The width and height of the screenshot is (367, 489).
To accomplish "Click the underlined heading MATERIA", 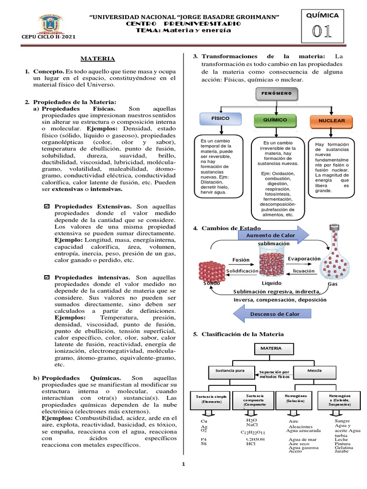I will pyautogui.click(x=97, y=58).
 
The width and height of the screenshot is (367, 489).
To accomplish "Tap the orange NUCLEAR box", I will pyautogui.click(x=331, y=121).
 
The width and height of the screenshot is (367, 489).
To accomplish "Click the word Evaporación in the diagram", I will pyautogui.click(x=304, y=258).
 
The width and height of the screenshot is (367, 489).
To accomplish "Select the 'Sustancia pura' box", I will pyautogui.click(x=227, y=370).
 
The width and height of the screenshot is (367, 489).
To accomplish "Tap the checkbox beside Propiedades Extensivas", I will pyautogui.click(x=46, y=207).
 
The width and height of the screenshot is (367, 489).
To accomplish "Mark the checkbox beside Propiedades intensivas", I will pyautogui.click(x=46, y=277).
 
